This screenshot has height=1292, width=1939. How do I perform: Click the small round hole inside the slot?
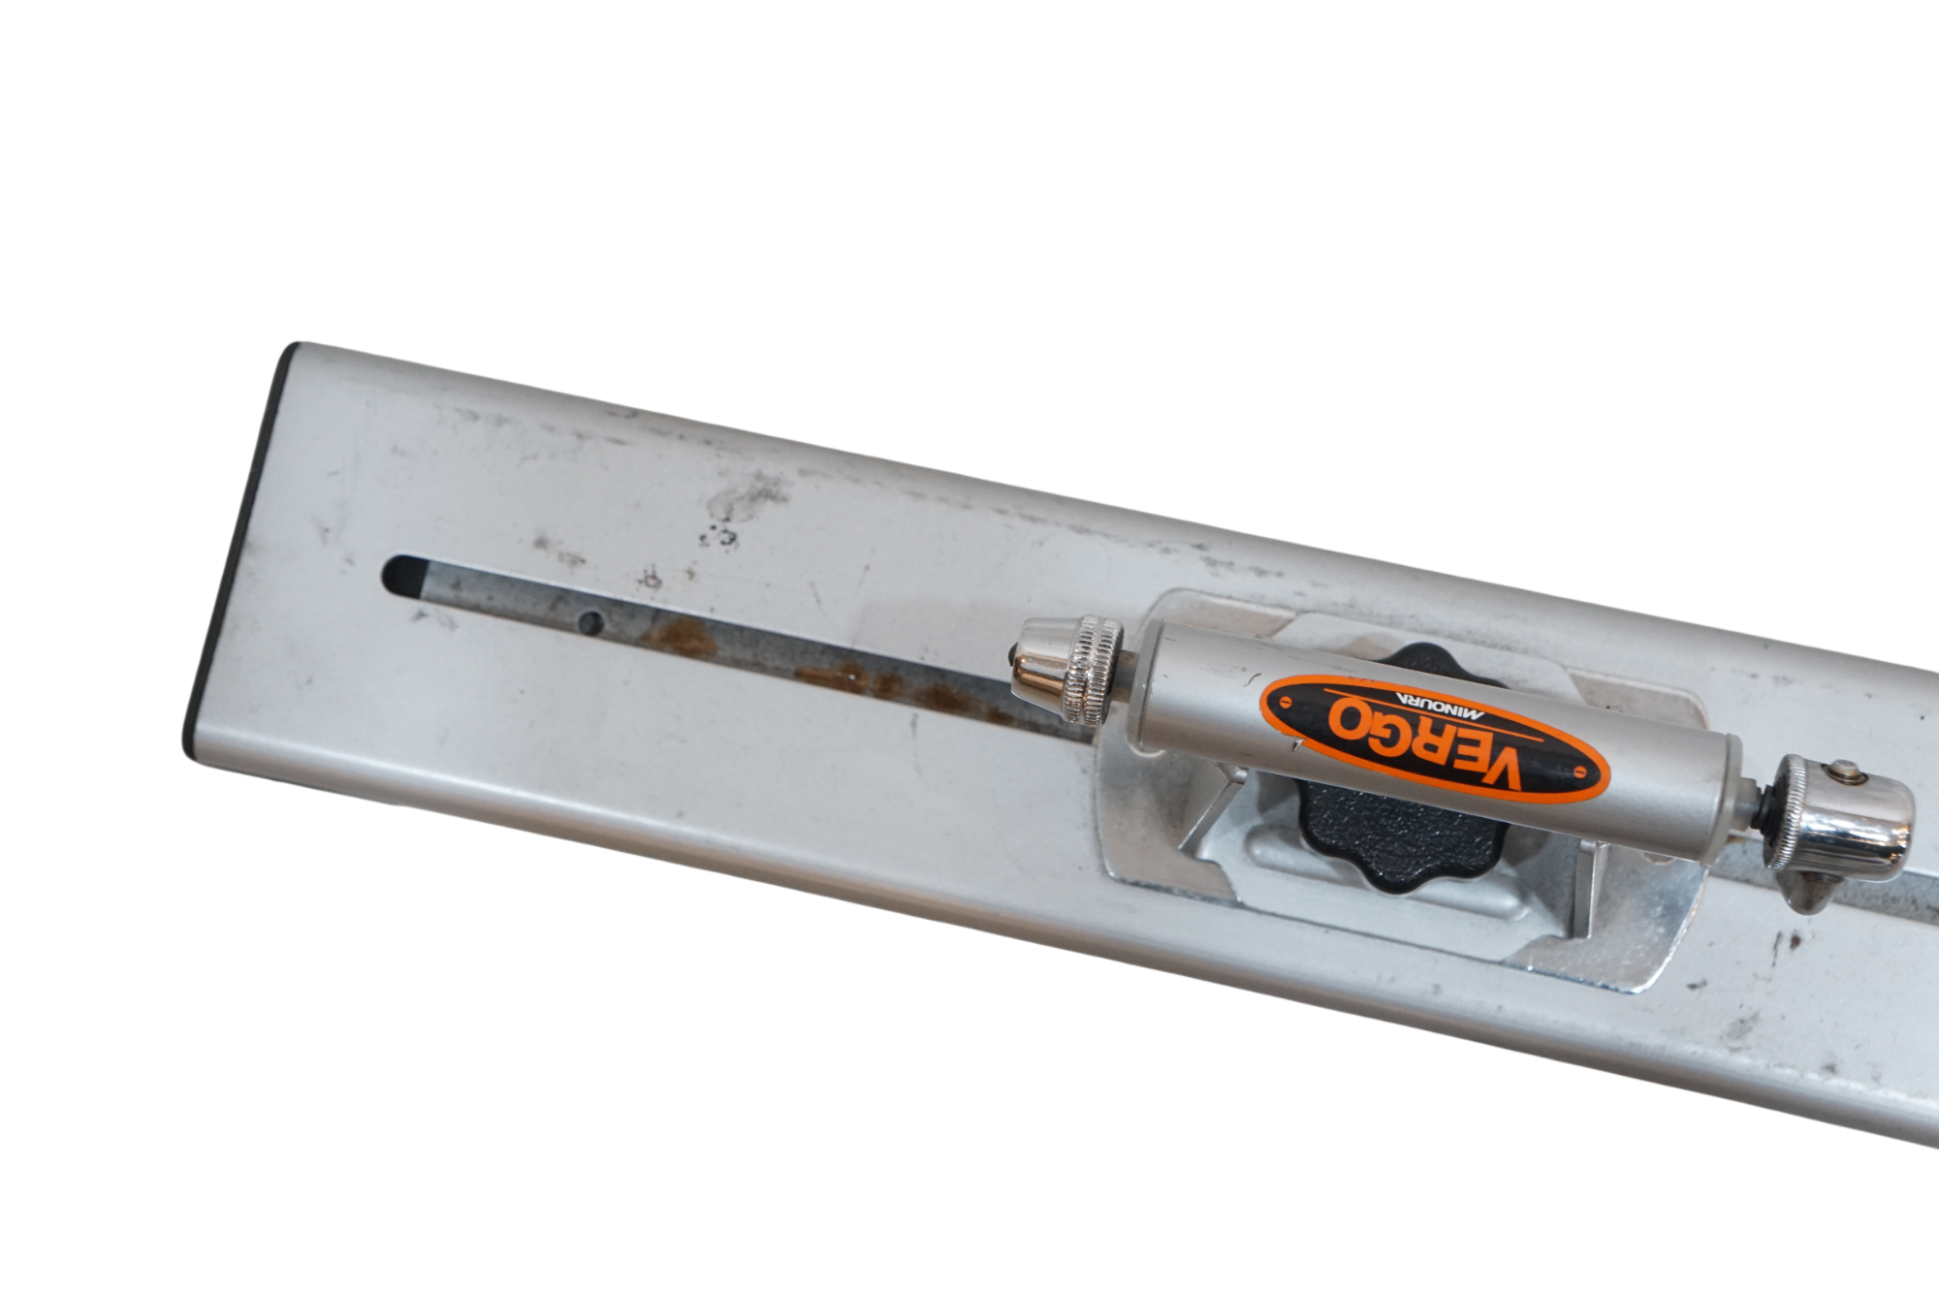(588, 620)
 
